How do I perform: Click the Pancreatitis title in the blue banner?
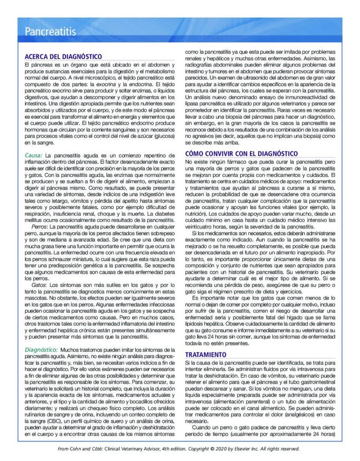tap(50, 32)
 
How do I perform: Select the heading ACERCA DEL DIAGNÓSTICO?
tap(63, 56)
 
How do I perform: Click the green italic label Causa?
tap(33, 155)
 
